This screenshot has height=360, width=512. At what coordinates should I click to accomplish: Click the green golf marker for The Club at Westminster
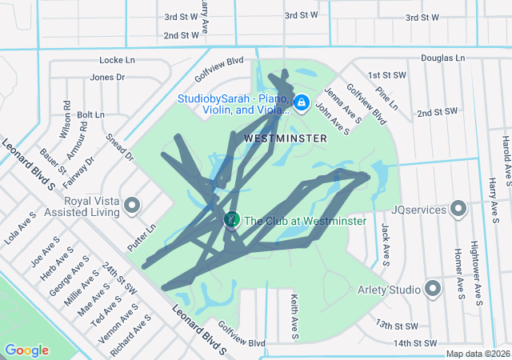(231, 219)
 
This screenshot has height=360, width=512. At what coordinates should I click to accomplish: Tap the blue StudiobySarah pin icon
(302, 104)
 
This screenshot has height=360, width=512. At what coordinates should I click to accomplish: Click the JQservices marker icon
(458, 209)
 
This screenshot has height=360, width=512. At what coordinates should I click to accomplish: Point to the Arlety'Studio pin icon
(433, 288)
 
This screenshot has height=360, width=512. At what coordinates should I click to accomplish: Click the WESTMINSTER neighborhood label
(285, 138)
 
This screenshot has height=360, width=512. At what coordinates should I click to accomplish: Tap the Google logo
(26, 350)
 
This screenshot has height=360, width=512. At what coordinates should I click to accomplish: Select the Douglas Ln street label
(442, 58)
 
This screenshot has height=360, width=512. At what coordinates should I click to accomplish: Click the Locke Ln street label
(118, 60)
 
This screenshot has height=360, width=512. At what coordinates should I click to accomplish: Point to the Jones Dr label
(107, 78)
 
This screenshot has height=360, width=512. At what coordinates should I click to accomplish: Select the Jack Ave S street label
(386, 245)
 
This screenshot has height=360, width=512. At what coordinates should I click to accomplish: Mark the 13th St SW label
(396, 326)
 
